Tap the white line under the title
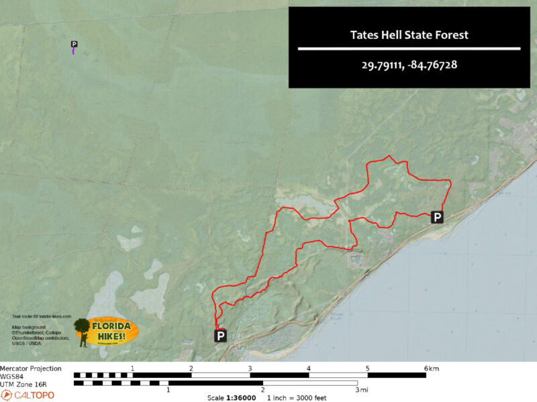tap(409, 49)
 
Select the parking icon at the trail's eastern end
tap(437, 217)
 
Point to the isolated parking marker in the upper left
tap(74, 45)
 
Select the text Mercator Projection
tap(31, 368)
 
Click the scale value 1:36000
tap(241, 397)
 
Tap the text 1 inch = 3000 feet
tap(297, 397)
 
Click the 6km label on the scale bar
tap(432, 368)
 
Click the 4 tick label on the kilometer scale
tap(309, 368)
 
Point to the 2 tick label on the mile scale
tap(262, 390)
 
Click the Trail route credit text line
tap(41, 316)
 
